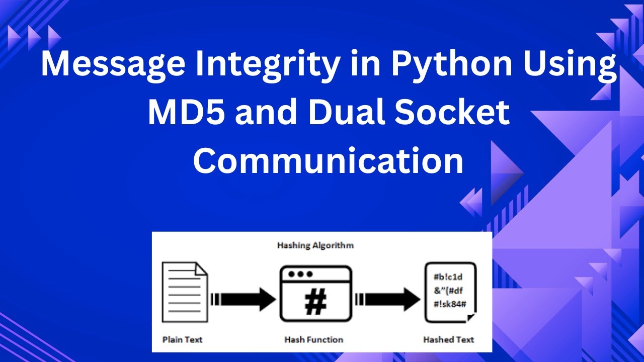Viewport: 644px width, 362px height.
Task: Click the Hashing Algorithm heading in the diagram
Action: coord(315,245)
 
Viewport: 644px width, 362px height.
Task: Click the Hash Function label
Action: coord(313,339)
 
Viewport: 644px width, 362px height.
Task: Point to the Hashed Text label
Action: coord(449,339)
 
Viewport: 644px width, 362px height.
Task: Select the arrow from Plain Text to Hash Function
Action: coord(244,299)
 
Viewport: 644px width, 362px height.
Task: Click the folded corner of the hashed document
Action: coord(470,317)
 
